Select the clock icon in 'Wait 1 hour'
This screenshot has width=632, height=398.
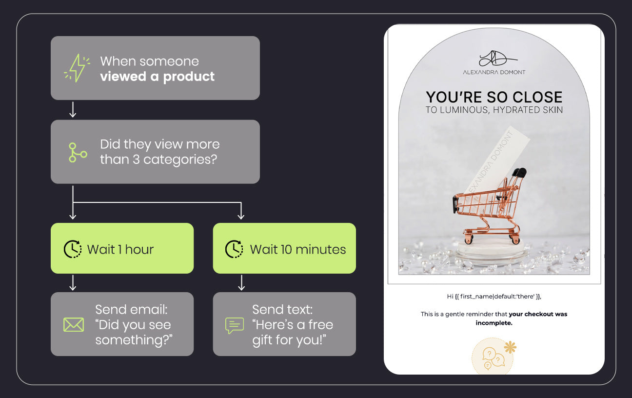[x=73, y=249]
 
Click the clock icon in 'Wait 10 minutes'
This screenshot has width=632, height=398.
[x=234, y=249]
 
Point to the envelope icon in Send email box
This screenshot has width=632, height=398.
[x=74, y=325]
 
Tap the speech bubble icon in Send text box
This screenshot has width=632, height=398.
[x=235, y=325]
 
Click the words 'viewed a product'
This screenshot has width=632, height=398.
[x=157, y=77]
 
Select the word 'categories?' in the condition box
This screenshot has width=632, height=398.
[x=180, y=160]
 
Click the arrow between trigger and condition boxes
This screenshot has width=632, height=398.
[x=73, y=110]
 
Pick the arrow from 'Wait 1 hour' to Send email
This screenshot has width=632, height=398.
[x=73, y=283]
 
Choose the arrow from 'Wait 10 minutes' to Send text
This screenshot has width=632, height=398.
[x=241, y=283]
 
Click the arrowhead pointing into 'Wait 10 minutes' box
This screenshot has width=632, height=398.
[x=241, y=217]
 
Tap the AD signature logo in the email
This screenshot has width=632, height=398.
[x=497, y=59]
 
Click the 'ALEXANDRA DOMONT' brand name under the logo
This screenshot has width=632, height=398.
[x=494, y=72]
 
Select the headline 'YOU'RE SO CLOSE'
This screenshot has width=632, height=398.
[x=494, y=97]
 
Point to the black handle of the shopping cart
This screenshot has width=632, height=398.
[x=520, y=172]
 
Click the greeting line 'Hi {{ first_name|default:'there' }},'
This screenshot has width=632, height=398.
[x=494, y=297]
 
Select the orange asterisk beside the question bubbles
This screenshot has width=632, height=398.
[x=510, y=347]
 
